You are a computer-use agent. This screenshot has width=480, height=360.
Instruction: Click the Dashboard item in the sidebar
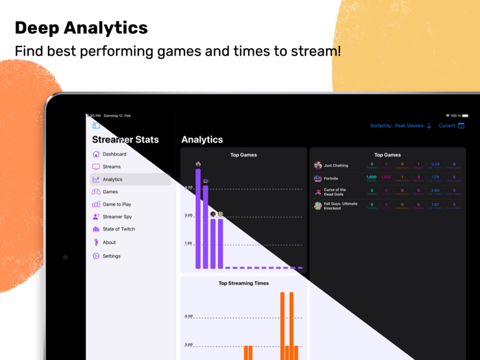(114, 154)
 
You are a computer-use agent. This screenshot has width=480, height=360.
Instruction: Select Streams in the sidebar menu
(111, 167)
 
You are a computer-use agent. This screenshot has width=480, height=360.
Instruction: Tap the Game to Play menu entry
(117, 204)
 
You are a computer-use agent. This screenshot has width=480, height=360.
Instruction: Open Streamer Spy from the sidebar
(117, 217)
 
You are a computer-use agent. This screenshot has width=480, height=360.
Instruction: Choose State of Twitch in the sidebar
(118, 229)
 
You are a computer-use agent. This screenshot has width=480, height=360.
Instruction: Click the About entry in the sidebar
(109, 242)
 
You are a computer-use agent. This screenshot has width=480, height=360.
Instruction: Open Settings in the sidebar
(111, 256)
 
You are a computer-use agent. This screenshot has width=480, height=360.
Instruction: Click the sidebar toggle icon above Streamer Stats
(96, 125)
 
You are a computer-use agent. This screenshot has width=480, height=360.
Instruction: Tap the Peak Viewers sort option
(410, 126)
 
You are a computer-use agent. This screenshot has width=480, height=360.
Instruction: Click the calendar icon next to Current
(461, 126)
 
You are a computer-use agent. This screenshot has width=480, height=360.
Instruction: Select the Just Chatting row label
(336, 165)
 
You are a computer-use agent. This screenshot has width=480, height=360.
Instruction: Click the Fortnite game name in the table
(331, 178)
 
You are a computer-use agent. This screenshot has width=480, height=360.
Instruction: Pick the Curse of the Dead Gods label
(337, 192)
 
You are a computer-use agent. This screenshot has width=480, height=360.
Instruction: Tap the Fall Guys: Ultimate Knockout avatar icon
(317, 206)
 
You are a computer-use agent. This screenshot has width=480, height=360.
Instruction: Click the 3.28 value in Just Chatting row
(435, 165)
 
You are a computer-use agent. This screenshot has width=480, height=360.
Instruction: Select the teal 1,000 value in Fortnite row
(371, 177)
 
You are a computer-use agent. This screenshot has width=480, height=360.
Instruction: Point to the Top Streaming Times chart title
(243, 283)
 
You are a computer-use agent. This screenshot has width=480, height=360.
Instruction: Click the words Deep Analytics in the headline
(81, 27)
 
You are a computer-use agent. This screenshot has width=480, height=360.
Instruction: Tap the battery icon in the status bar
(465, 116)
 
